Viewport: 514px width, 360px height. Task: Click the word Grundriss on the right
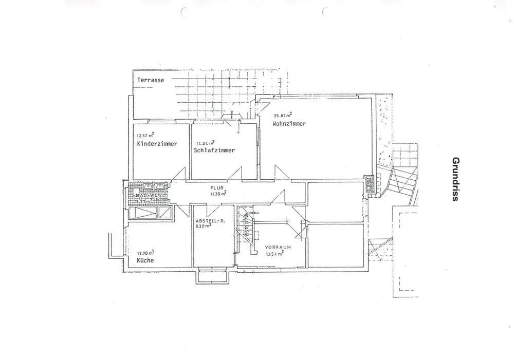[455, 179]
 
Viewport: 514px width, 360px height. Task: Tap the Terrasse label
[151, 81]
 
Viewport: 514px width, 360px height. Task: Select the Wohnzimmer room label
[289, 124]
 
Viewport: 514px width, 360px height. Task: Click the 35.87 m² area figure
[283, 116]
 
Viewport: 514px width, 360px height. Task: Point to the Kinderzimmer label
[157, 144]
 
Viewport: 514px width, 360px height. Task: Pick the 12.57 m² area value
[145, 136]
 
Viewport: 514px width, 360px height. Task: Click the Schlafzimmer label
[214, 150]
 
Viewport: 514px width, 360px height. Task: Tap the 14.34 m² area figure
[205, 143]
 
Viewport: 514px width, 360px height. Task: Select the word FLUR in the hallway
[216, 188]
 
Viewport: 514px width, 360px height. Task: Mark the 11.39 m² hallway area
[217, 194]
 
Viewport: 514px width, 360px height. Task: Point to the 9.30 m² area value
[204, 225]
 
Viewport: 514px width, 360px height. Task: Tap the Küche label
[145, 261]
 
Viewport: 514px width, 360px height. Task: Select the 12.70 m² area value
[145, 253]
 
